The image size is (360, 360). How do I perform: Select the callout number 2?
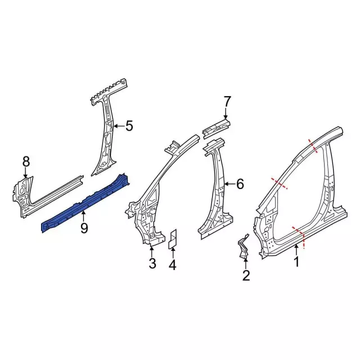click(246, 275)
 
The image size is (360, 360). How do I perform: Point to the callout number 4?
click(173, 264)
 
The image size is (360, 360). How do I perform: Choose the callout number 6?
click(240, 183)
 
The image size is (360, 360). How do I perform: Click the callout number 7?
click(227, 101)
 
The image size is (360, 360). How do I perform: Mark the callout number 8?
click(25, 161)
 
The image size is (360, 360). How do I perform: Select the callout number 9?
click(84, 228)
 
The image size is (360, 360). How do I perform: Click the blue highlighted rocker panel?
click(84, 202)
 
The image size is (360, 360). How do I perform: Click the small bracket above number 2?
click(244, 247)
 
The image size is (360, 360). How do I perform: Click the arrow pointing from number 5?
click(118, 127)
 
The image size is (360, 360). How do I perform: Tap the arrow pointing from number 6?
click(228, 184)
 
